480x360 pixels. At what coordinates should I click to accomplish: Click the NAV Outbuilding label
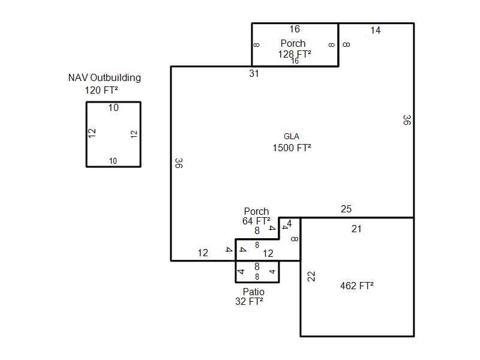pyautogui.click(x=104, y=77)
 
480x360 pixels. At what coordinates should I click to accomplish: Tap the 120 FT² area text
pyautogui.click(x=101, y=91)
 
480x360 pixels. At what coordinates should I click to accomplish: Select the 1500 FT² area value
pyautogui.click(x=292, y=148)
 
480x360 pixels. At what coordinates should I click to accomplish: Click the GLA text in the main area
pyautogui.click(x=292, y=136)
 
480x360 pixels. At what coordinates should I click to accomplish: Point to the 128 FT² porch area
pyautogui.click(x=294, y=54)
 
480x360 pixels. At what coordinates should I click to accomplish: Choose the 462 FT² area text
pyautogui.click(x=356, y=286)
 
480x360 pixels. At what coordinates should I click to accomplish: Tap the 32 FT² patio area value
pyautogui.click(x=249, y=302)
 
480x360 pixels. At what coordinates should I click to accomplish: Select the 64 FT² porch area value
pyautogui.click(x=256, y=221)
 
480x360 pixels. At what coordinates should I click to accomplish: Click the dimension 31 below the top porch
pyautogui.click(x=254, y=73)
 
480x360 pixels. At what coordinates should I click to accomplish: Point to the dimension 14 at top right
pyautogui.click(x=375, y=31)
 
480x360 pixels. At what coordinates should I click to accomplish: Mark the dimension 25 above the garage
pyautogui.click(x=346, y=209)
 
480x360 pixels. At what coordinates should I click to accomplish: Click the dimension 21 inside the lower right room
pyautogui.click(x=356, y=229)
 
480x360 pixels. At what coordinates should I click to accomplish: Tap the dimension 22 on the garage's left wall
pyautogui.click(x=311, y=277)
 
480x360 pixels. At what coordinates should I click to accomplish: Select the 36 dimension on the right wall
pyautogui.click(x=406, y=120)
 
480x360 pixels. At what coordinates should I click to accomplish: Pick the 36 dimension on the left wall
pyautogui.click(x=179, y=163)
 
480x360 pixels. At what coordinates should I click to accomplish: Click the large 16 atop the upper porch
pyautogui.click(x=295, y=29)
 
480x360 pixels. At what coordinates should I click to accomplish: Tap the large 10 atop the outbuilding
pyautogui.click(x=113, y=108)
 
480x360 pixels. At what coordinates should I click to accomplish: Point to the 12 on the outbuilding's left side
pyautogui.click(x=92, y=134)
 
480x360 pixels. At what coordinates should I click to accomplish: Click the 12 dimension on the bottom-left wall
pyautogui.click(x=203, y=253)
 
